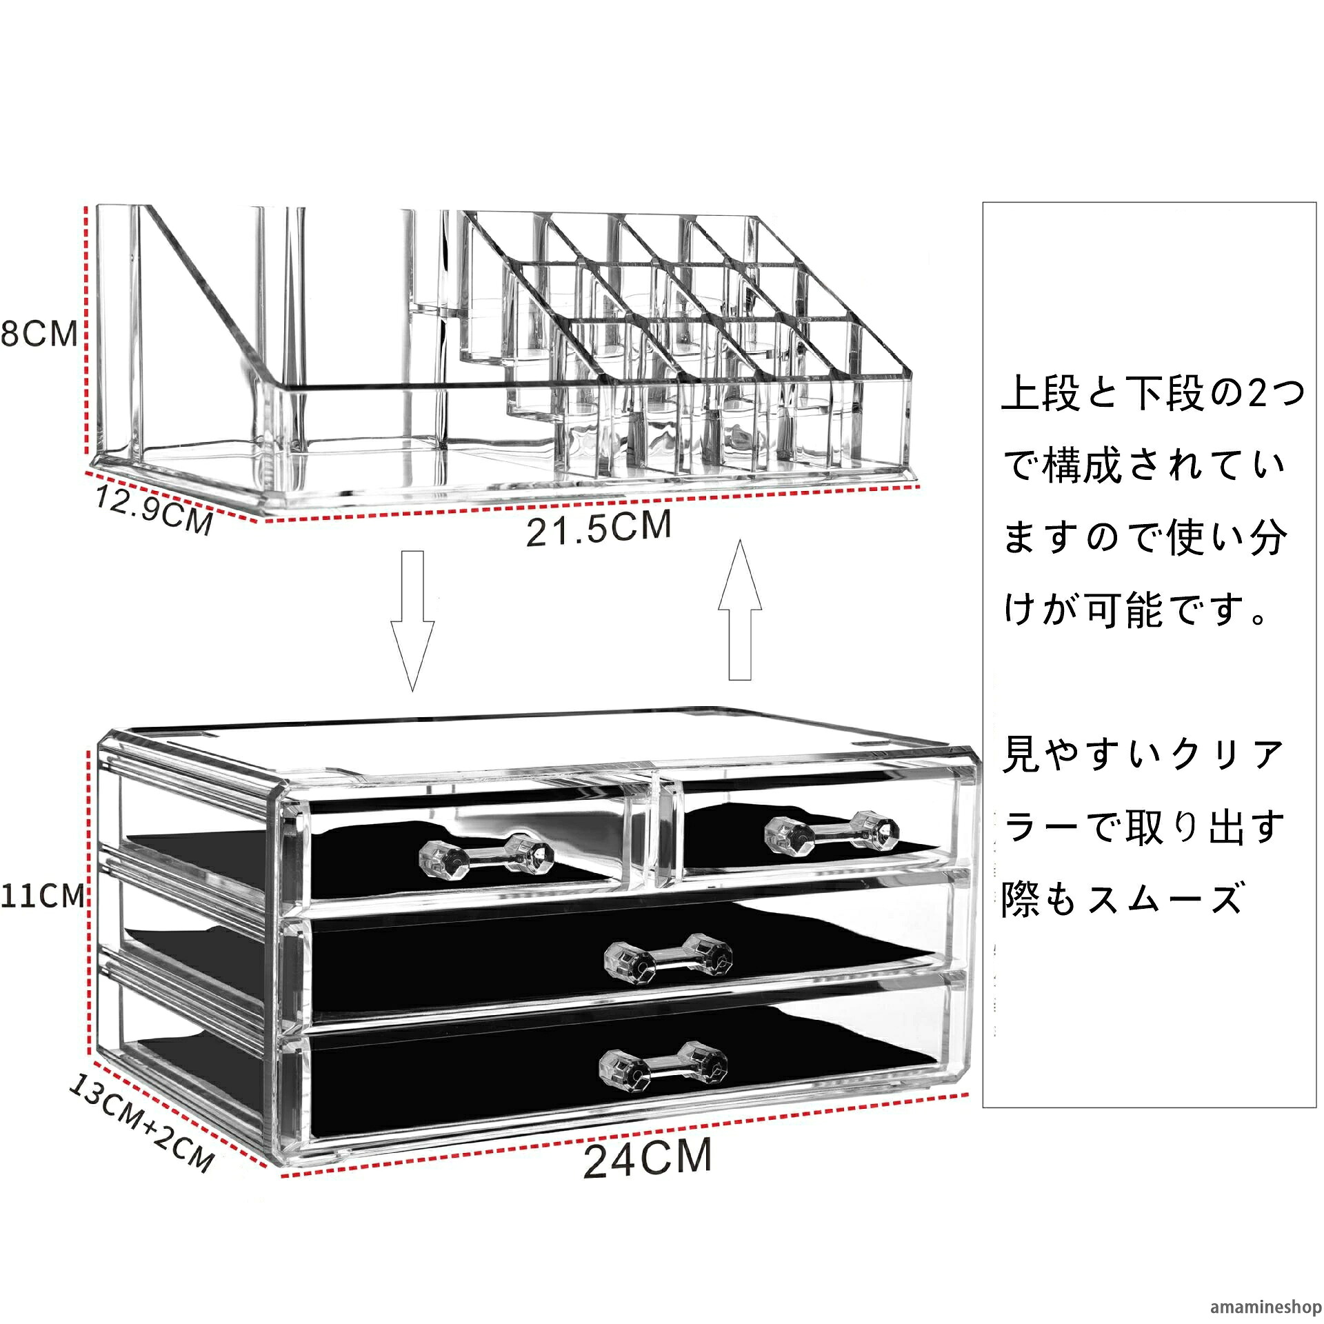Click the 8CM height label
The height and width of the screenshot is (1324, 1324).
click(x=39, y=334)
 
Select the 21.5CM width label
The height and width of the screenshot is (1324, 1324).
click(x=599, y=528)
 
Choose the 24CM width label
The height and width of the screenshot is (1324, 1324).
click(x=648, y=1158)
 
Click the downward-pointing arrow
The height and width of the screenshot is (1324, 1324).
click(x=412, y=620)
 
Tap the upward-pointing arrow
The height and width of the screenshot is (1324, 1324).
click(x=740, y=610)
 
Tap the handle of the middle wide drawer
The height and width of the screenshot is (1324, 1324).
click(x=668, y=958)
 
